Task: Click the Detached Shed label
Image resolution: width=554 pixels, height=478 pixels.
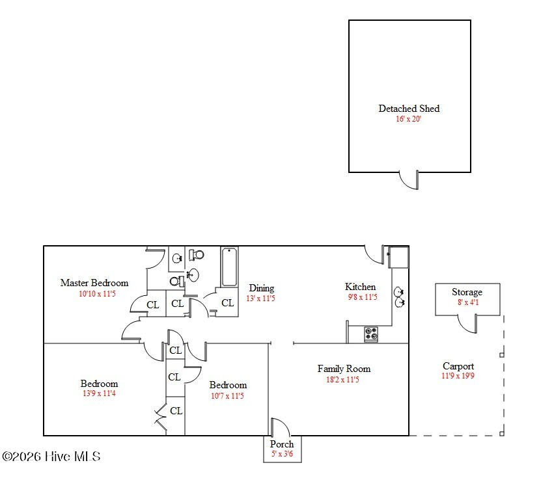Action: coord(409,109)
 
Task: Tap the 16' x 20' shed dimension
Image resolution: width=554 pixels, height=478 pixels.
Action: coord(408,119)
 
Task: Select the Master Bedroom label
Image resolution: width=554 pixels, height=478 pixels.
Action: coord(94,283)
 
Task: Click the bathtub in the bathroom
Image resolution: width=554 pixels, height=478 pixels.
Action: coord(229,267)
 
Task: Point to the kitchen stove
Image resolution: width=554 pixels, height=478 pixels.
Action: coord(371,334)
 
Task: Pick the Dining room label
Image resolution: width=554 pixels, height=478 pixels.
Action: coord(262,288)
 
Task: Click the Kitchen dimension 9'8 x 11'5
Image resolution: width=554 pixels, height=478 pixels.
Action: coord(363,297)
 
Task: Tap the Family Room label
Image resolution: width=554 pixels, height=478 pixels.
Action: coord(344,369)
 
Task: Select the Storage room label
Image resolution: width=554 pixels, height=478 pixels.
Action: coord(467,292)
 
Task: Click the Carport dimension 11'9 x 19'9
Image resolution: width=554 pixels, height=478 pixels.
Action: coord(458,376)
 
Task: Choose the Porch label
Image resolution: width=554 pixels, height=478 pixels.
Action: coord(282,444)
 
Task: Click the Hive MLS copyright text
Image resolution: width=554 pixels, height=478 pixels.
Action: coord(51,457)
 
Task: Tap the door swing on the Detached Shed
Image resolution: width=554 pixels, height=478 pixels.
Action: coord(409,180)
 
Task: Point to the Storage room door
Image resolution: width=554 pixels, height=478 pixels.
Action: coord(467,324)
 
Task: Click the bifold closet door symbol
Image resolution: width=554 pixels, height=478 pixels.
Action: coord(161,417)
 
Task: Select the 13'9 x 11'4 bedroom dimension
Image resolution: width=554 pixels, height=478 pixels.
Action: coord(100,393)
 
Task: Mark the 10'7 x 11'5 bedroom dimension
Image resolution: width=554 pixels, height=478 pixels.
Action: coord(228,396)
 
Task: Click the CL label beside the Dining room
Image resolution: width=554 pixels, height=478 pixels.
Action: coord(228,303)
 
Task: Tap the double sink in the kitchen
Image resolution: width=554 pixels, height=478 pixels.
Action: coord(399,297)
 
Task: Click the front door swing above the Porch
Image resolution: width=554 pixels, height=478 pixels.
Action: coord(281,427)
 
